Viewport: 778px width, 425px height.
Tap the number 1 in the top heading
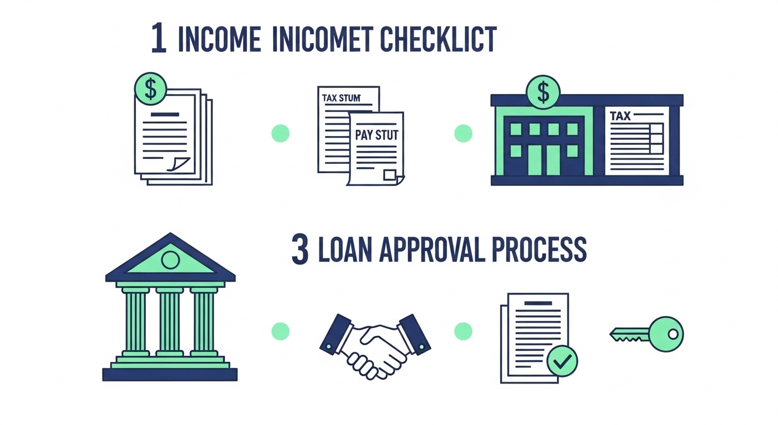click(159, 39)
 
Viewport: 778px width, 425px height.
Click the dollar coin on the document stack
click(150, 89)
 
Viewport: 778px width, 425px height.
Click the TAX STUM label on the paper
click(341, 98)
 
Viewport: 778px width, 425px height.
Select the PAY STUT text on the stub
click(377, 135)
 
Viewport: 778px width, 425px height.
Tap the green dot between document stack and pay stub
click(281, 133)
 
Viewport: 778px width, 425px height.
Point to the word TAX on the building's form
click(620, 117)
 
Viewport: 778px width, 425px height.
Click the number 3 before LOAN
click(299, 250)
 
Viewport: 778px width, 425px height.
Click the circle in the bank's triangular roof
click(170, 260)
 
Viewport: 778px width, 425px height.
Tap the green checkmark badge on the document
click(562, 362)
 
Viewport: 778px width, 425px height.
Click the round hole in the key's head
click(672, 334)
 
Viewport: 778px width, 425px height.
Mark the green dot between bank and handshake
click(281, 331)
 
